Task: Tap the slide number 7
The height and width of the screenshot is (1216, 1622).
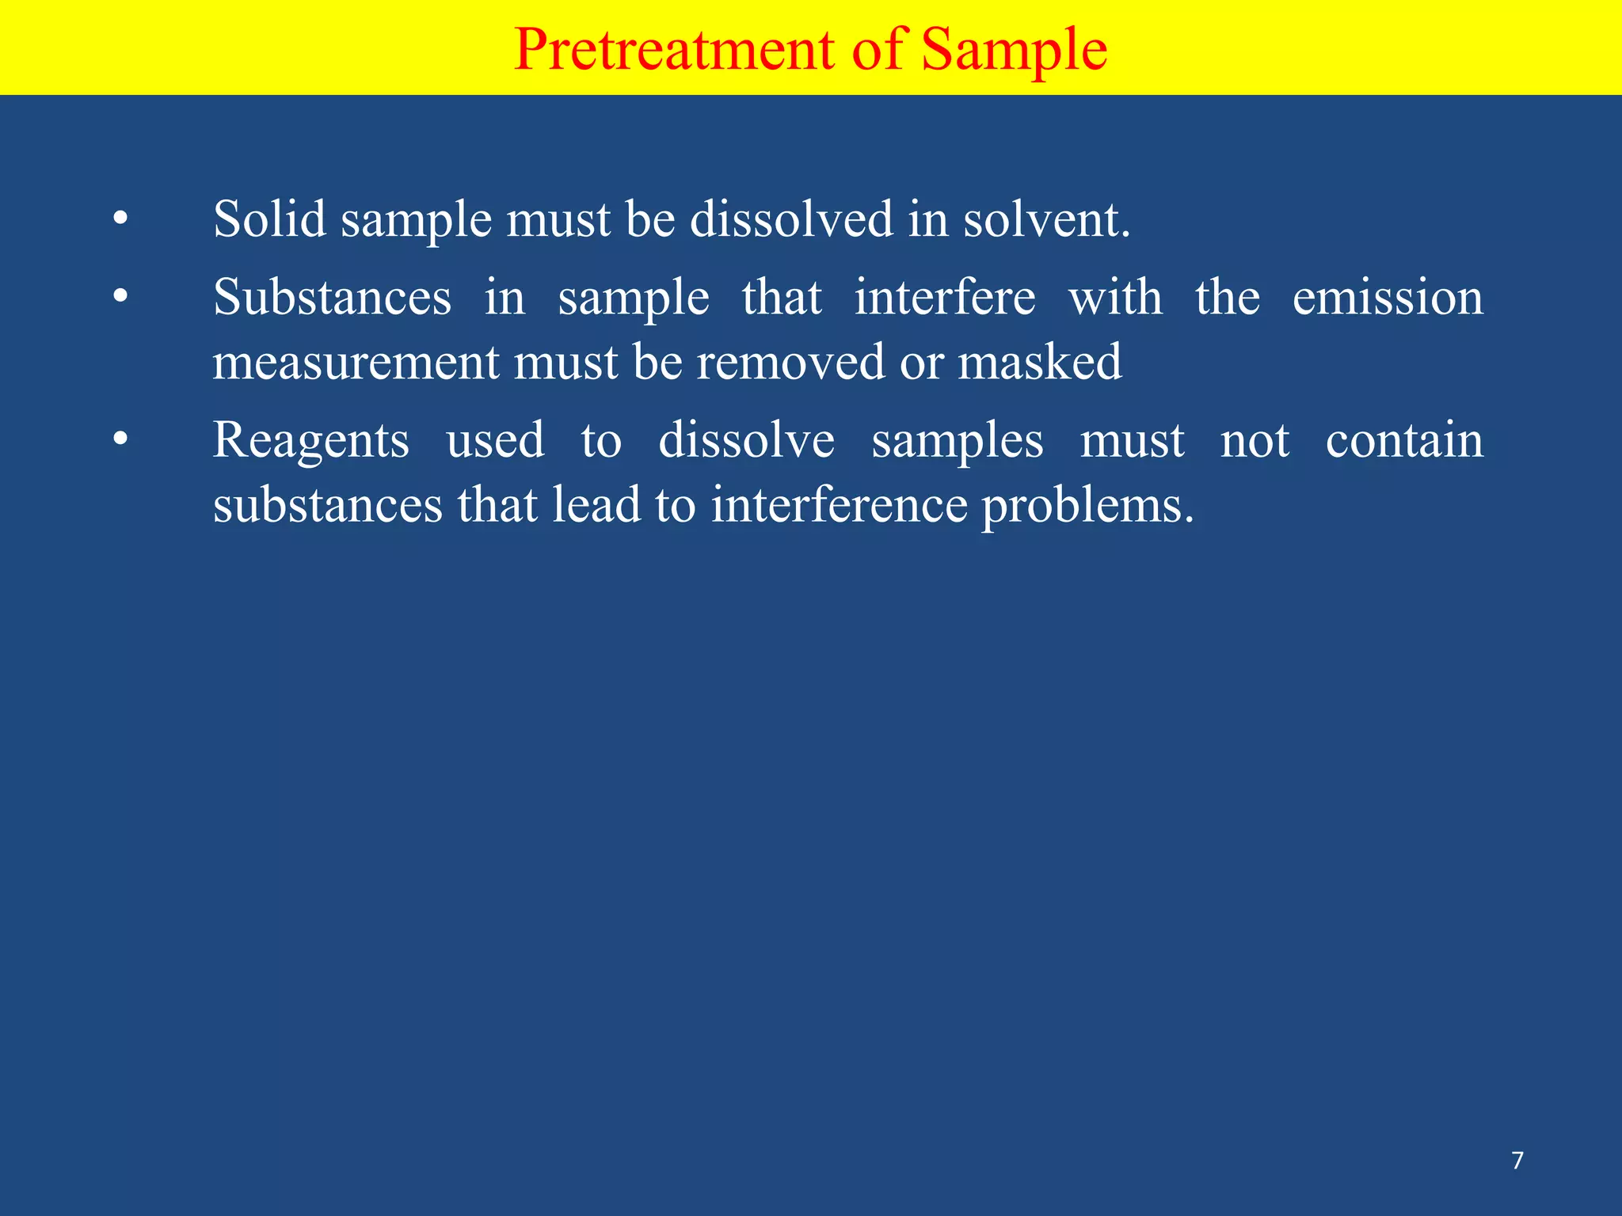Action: click(x=1517, y=1161)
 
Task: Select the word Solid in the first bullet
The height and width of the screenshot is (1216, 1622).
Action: click(x=269, y=218)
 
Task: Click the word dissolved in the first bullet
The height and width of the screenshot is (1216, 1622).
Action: click(x=791, y=218)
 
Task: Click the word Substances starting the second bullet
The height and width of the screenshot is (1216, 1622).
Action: click(x=332, y=298)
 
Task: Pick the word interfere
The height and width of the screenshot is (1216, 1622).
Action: click(x=944, y=298)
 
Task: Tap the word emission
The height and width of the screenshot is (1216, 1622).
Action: click(x=1388, y=298)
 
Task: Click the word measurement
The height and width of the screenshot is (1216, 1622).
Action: click(x=356, y=363)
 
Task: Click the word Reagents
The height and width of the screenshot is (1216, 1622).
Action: click(x=311, y=442)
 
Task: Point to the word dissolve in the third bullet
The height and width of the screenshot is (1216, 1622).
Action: click(x=746, y=440)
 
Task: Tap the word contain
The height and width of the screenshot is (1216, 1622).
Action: click(x=1404, y=440)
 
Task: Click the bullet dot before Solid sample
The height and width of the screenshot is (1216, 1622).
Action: click(x=120, y=218)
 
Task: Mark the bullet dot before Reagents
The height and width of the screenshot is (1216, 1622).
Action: click(x=120, y=440)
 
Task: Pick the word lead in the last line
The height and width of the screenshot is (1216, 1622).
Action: click(x=596, y=505)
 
